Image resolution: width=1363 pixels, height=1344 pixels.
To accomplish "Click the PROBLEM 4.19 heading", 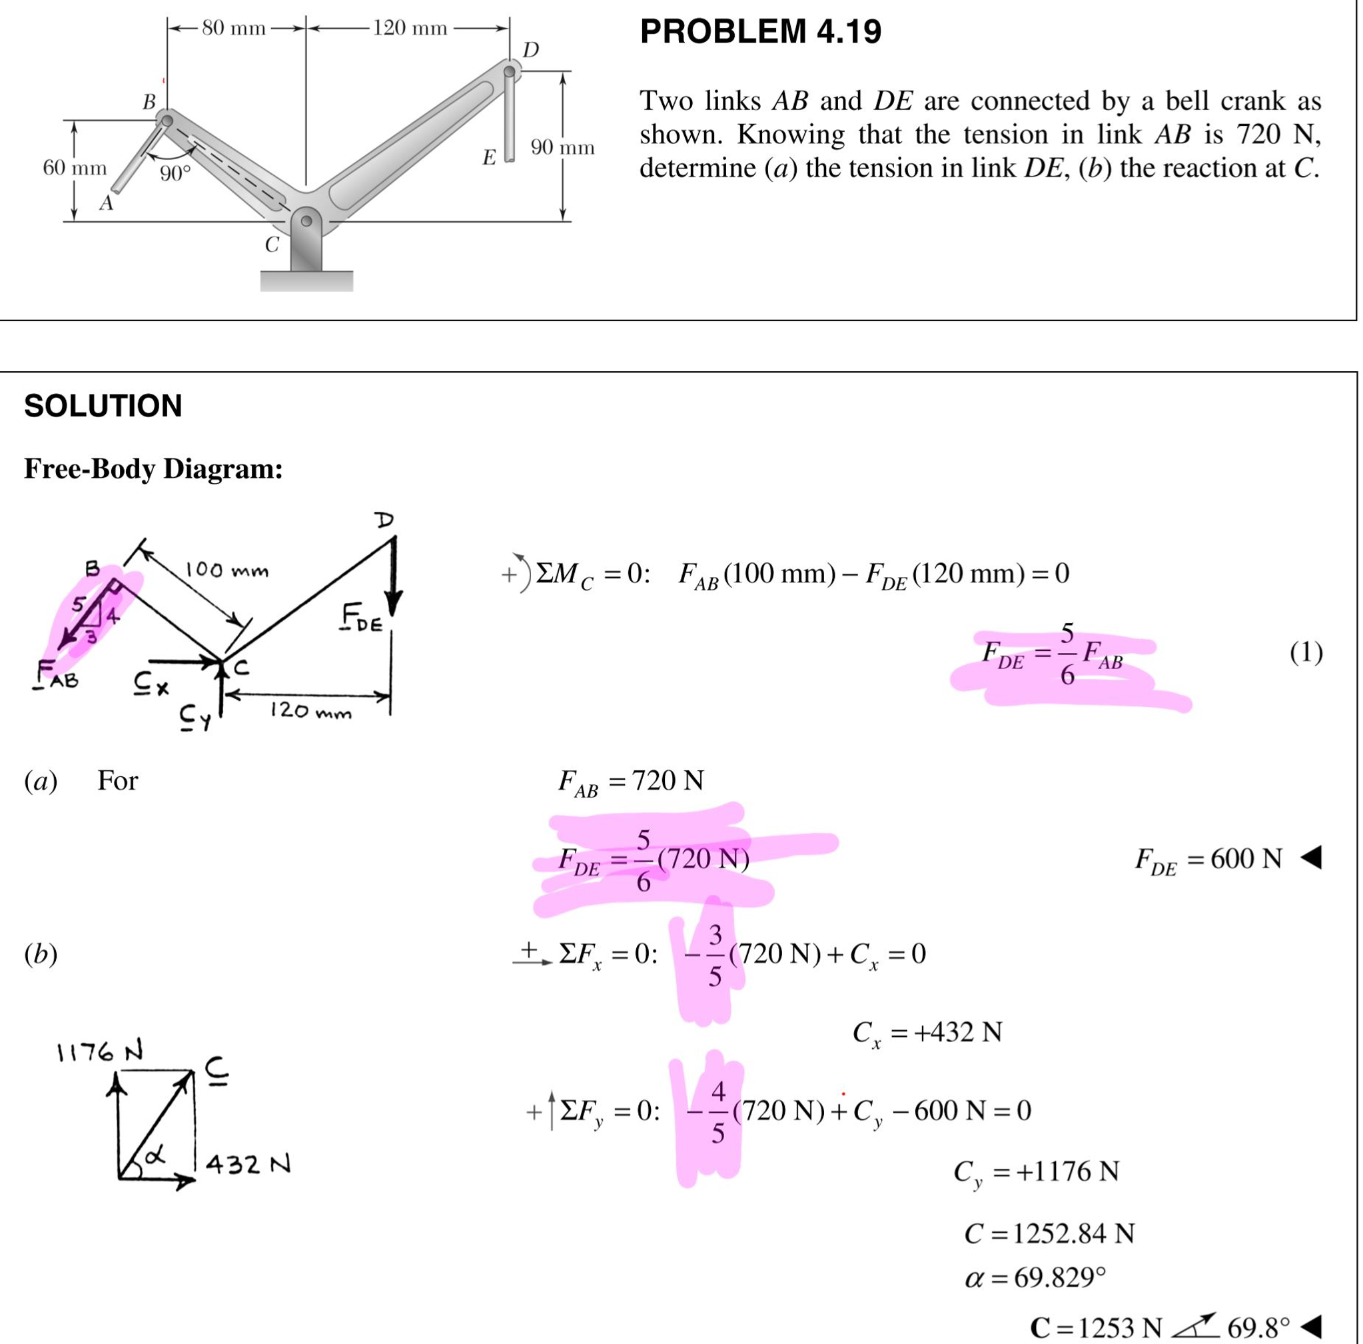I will coord(760,32).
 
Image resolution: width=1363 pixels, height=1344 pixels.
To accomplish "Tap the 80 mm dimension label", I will coord(234,28).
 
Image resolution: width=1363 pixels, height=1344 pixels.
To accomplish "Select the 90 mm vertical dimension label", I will coord(562,147).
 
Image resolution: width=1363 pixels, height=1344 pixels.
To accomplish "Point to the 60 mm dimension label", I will coord(75,168).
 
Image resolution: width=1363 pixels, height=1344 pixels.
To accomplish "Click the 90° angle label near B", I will coord(175,173).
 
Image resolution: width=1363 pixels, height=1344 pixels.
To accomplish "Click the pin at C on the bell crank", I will coord(306,221).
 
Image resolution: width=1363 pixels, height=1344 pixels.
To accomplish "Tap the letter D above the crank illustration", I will coord(530,49).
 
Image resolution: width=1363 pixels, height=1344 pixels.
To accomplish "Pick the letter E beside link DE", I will coord(489,157).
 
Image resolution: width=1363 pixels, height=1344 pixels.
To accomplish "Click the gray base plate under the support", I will coord(306,281).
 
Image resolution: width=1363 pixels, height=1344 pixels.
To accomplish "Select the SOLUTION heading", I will coord(103,406).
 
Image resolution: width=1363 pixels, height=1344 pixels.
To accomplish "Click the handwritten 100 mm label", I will coord(227,569).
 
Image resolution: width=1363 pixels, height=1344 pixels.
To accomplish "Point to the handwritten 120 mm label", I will coord(310,710).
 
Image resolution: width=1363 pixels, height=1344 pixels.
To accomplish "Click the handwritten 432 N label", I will coord(248,1163).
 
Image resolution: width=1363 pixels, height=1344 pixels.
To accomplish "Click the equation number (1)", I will coord(1306,652).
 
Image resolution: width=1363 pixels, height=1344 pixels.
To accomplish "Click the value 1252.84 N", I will coord(1073,1233).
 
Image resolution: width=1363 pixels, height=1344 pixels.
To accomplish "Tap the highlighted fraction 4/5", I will coord(717,1111).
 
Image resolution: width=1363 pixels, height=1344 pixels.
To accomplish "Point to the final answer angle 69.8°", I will coord(1258,1328).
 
